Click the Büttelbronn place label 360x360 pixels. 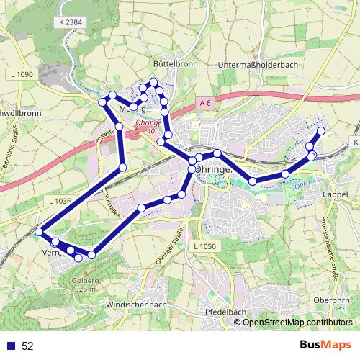click(171, 63)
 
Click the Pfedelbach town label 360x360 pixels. click(226, 312)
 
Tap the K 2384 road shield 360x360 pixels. click(68, 23)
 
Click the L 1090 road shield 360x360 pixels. click(23, 74)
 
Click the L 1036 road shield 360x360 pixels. click(58, 201)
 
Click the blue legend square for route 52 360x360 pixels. click(11, 346)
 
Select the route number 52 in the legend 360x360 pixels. click(28, 346)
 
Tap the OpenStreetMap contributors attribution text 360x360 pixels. click(297, 322)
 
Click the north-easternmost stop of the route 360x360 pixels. click(321, 130)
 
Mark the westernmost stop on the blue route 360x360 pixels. click(39, 232)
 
